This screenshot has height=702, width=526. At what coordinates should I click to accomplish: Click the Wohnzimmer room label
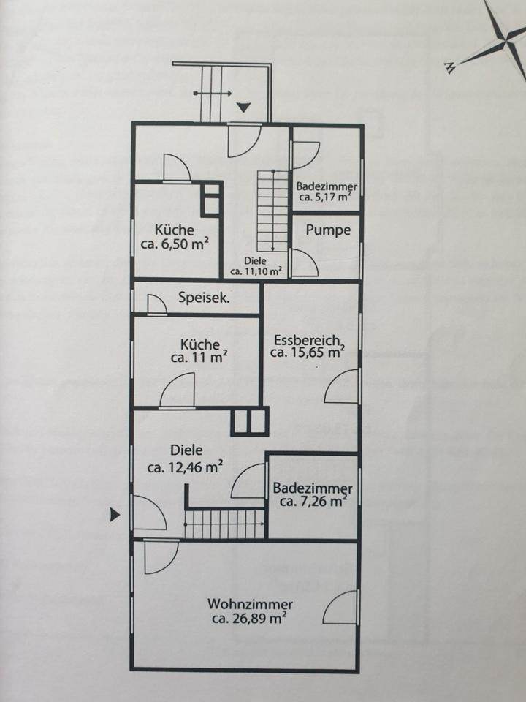click(x=250, y=605)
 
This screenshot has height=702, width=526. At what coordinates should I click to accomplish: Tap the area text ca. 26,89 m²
click(x=248, y=619)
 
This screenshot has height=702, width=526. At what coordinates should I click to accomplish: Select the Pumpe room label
click(x=328, y=230)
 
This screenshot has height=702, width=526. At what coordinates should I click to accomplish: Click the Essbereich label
click(x=308, y=340)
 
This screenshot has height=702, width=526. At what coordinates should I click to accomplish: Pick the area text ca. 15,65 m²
click(x=307, y=352)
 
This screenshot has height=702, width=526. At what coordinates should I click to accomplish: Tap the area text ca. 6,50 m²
click(x=175, y=244)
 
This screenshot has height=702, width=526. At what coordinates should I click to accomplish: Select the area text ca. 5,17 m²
click(x=326, y=196)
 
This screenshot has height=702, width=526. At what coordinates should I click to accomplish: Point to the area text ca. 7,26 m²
click(x=312, y=502)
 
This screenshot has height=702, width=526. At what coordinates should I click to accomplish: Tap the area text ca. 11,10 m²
click(x=256, y=271)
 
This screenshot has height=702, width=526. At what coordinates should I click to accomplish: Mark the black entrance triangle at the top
click(x=243, y=107)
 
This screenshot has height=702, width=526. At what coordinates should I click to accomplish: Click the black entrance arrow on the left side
click(x=114, y=515)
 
